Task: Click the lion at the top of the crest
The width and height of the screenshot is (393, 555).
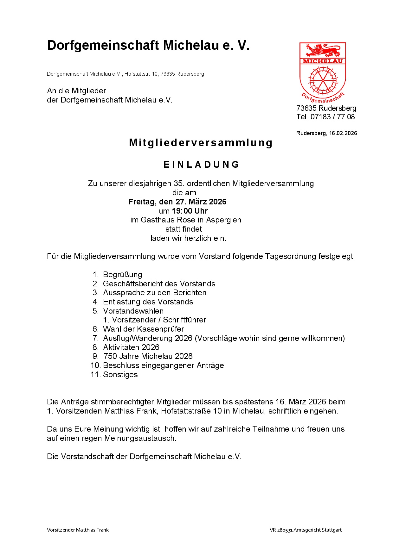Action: pos(323,50)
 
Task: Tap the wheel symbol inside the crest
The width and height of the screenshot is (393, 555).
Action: pos(323,80)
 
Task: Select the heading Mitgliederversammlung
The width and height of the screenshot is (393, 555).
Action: pos(201,143)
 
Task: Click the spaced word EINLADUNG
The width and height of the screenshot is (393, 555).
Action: pos(202,165)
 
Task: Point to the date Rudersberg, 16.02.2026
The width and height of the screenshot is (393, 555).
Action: pos(326,133)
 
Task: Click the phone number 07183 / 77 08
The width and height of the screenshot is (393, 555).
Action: pos(332,117)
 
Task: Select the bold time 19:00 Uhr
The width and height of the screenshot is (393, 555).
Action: pos(190,211)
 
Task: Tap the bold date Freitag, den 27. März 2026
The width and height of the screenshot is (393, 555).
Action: pos(177,202)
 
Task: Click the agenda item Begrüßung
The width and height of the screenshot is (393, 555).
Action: pos(122,275)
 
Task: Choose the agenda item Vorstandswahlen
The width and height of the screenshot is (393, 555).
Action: pos(133,311)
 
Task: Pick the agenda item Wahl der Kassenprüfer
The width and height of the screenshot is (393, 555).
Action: pos(143,329)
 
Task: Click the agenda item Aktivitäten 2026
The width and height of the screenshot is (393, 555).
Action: pos(131,347)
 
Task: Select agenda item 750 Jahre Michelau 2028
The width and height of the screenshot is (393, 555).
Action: pos(148,356)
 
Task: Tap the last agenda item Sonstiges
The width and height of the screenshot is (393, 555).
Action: pos(120,375)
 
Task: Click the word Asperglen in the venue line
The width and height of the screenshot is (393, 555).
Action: pos(223,220)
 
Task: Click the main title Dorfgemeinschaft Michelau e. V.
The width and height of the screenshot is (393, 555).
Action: pos(148,46)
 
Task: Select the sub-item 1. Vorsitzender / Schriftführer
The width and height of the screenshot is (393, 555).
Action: pos(154,320)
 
